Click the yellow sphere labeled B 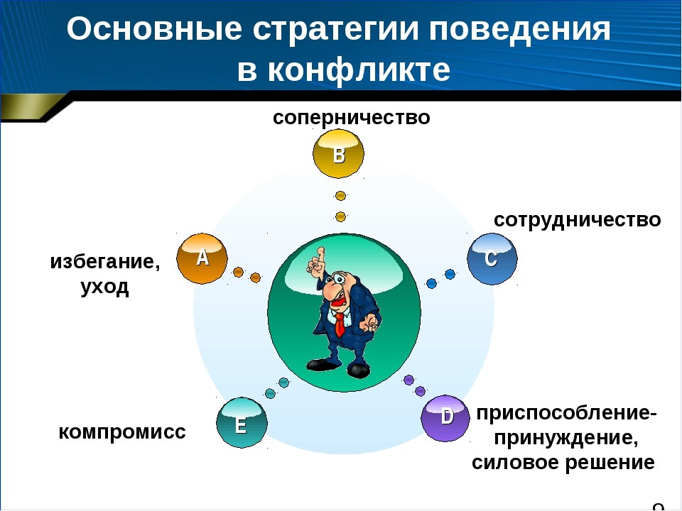(x=338, y=153)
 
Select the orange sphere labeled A (x=202, y=258)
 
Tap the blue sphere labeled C (x=492, y=258)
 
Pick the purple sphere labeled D (x=445, y=418)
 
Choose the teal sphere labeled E (x=242, y=422)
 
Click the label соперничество (x=352, y=117)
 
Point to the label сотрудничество (x=577, y=220)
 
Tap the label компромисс (x=122, y=432)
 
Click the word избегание (x=105, y=262)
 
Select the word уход (x=105, y=287)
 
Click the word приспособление (x=567, y=413)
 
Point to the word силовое (x=514, y=462)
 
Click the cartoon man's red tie (x=340, y=324)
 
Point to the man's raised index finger (x=320, y=254)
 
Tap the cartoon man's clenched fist (x=371, y=322)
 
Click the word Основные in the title (x=154, y=30)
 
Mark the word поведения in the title (x=520, y=31)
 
